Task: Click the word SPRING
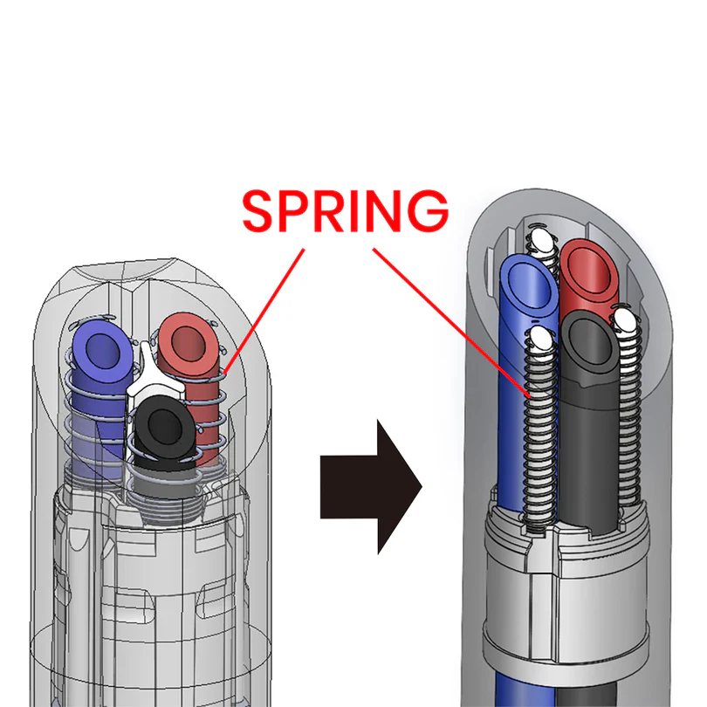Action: [x=346, y=210]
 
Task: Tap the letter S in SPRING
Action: [x=259, y=210]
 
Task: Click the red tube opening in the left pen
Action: [x=187, y=343]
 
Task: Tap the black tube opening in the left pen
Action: [x=159, y=427]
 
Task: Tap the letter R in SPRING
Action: [x=331, y=210]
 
